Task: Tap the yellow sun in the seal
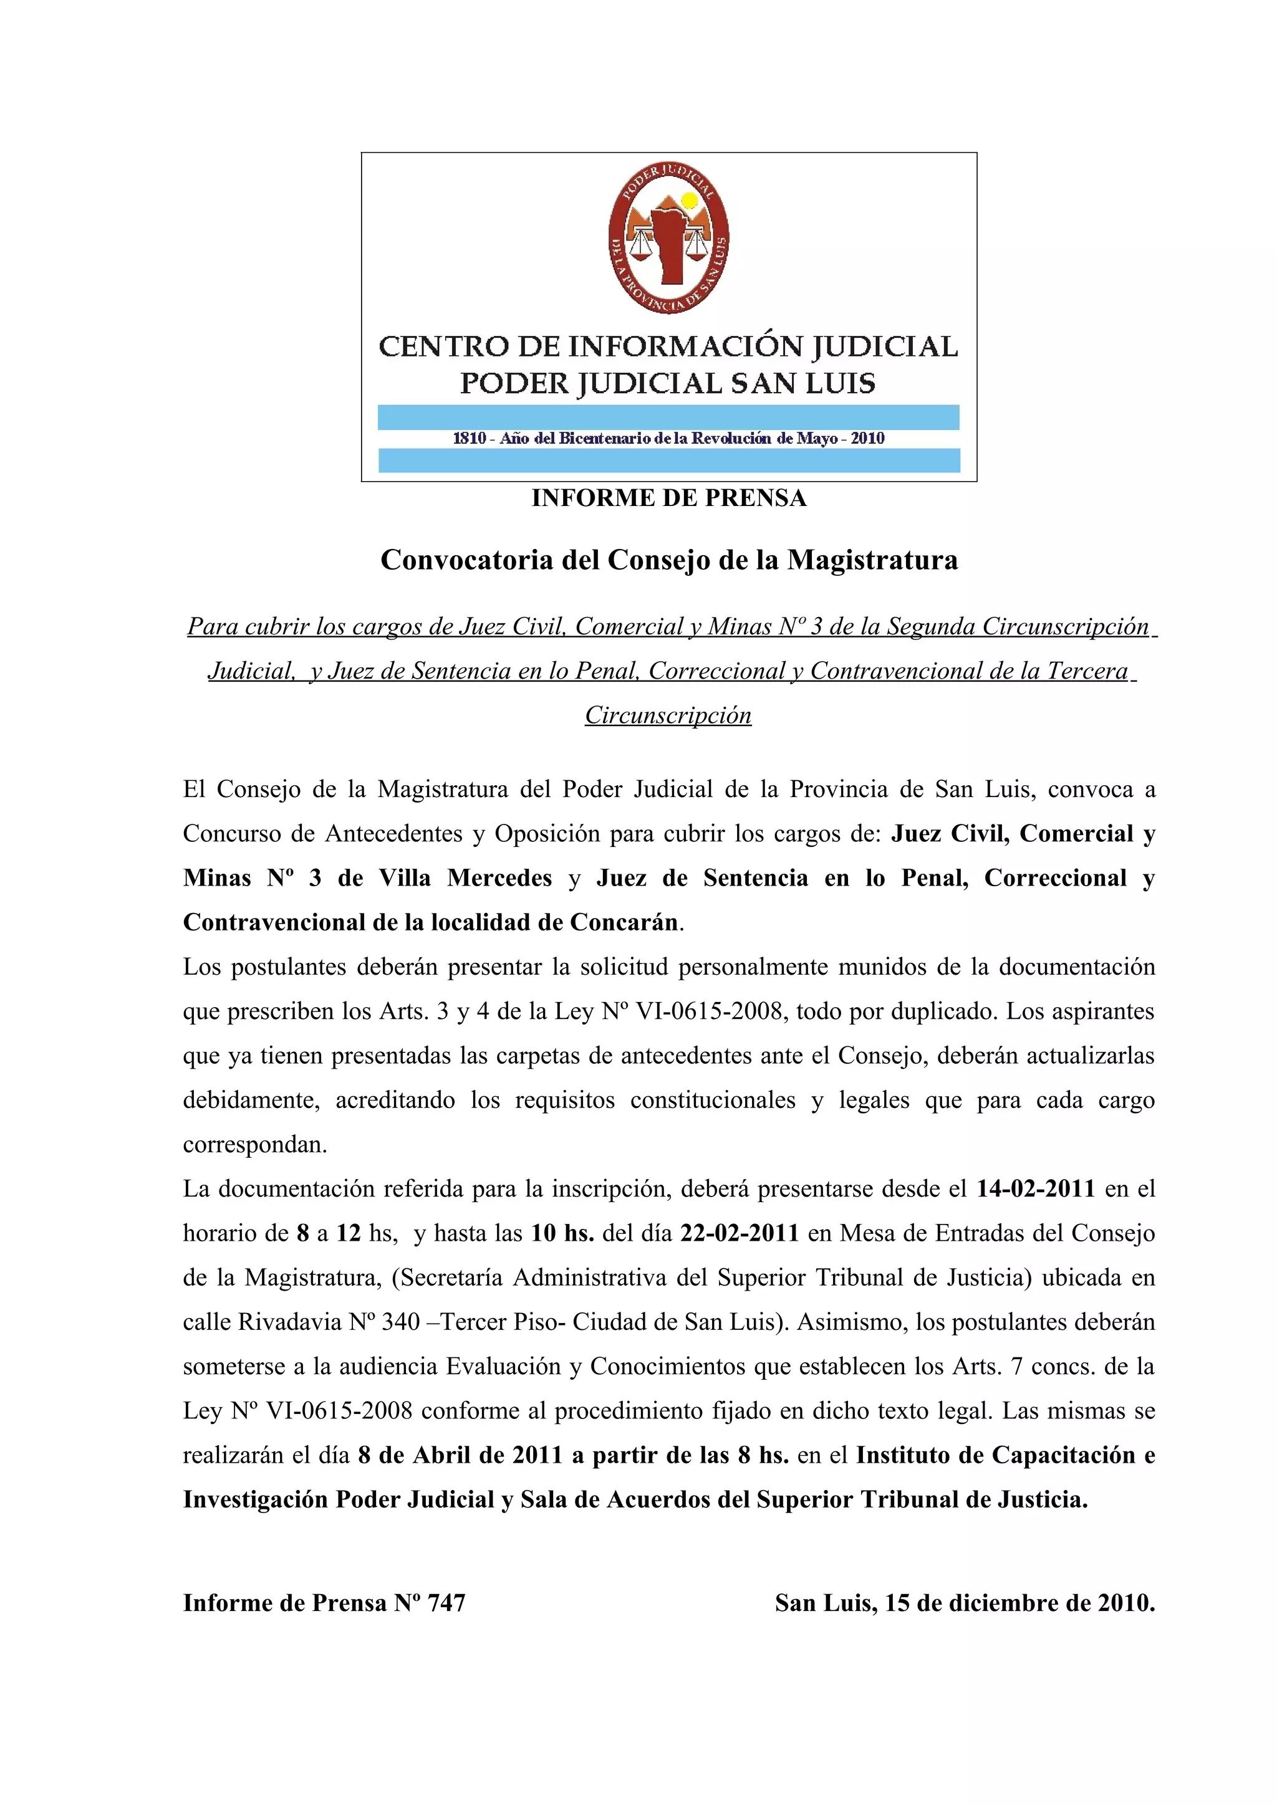coord(689,200)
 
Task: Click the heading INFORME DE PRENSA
coord(669,498)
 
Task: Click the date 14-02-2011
coord(1036,1188)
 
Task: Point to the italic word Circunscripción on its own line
coord(668,715)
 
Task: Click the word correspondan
coord(255,1144)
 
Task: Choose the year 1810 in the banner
coord(470,438)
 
